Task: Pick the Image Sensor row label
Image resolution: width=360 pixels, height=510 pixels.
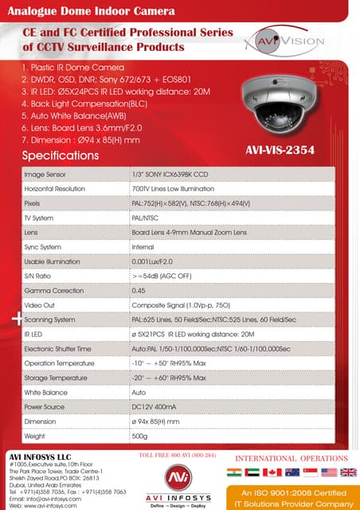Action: pyautogui.click(x=45, y=173)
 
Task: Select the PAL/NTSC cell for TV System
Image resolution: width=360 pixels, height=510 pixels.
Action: pyautogui.click(x=145, y=218)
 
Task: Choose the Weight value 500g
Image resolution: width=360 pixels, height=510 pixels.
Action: pyautogui.click(x=139, y=437)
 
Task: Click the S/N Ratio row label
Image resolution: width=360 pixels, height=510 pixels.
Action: pyautogui.click(x=39, y=276)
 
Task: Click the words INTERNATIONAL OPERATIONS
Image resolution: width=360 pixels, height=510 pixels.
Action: pyautogui.click(x=291, y=458)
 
